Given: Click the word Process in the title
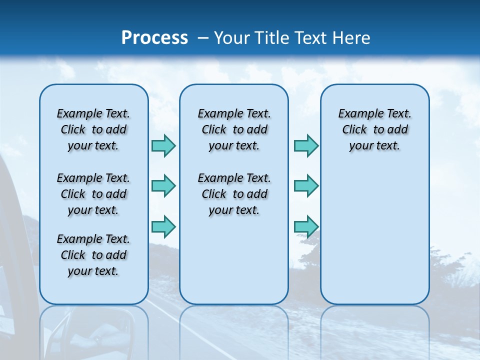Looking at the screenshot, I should (x=154, y=38).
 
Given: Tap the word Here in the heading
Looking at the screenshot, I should (x=352, y=38).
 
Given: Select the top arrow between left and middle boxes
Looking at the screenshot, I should (x=163, y=145).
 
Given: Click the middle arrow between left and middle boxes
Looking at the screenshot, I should (x=163, y=186).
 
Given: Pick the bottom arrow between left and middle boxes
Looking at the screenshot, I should (x=163, y=226).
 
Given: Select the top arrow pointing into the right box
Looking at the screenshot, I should (x=306, y=145).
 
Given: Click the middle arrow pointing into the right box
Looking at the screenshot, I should (x=306, y=186).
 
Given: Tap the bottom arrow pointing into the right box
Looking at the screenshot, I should (x=306, y=226).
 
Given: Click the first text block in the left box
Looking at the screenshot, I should (x=93, y=129).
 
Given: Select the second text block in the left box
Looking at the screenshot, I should (x=93, y=194).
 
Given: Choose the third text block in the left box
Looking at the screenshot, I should (x=93, y=255).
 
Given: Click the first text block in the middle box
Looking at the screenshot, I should (x=234, y=129).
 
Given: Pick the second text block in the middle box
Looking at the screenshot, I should (x=234, y=194).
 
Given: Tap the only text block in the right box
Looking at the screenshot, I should (x=375, y=129).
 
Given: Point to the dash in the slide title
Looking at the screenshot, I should (x=203, y=38).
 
